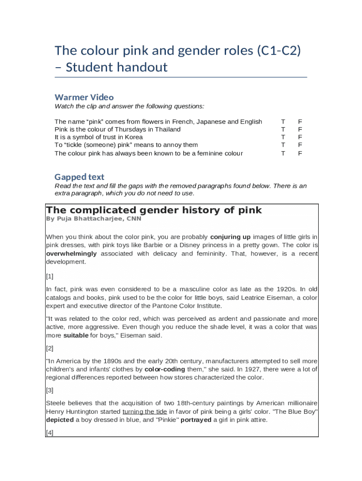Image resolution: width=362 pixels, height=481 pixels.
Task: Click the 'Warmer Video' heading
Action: [84, 97]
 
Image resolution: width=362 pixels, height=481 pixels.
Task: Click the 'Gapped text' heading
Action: [79, 177]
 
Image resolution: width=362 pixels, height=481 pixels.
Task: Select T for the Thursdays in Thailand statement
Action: [283, 129]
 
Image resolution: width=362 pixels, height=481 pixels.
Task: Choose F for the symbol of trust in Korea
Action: [300, 137]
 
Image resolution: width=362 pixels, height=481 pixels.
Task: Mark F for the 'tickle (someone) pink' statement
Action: [300, 145]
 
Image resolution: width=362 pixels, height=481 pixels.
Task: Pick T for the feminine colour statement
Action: [283, 153]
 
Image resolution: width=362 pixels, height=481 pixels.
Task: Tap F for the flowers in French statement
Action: [300, 122]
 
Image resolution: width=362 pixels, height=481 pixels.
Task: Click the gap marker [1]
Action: [50, 277]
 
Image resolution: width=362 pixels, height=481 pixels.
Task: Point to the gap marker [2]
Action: [50, 349]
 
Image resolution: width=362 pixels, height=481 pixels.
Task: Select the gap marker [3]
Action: [50, 390]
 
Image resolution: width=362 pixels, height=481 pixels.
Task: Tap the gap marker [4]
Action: [50, 433]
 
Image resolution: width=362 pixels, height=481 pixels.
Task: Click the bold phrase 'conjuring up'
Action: [230, 237]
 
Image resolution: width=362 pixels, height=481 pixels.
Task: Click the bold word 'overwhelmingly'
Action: [71, 254]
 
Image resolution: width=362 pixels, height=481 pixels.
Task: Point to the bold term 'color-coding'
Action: [165, 369]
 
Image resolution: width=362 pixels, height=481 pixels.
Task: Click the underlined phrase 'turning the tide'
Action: [144, 412]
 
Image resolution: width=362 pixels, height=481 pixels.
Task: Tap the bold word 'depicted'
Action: [60, 420]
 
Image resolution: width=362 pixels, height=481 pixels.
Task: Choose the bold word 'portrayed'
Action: [196, 420]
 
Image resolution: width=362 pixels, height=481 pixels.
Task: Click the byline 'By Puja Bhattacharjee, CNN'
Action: [94, 219]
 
